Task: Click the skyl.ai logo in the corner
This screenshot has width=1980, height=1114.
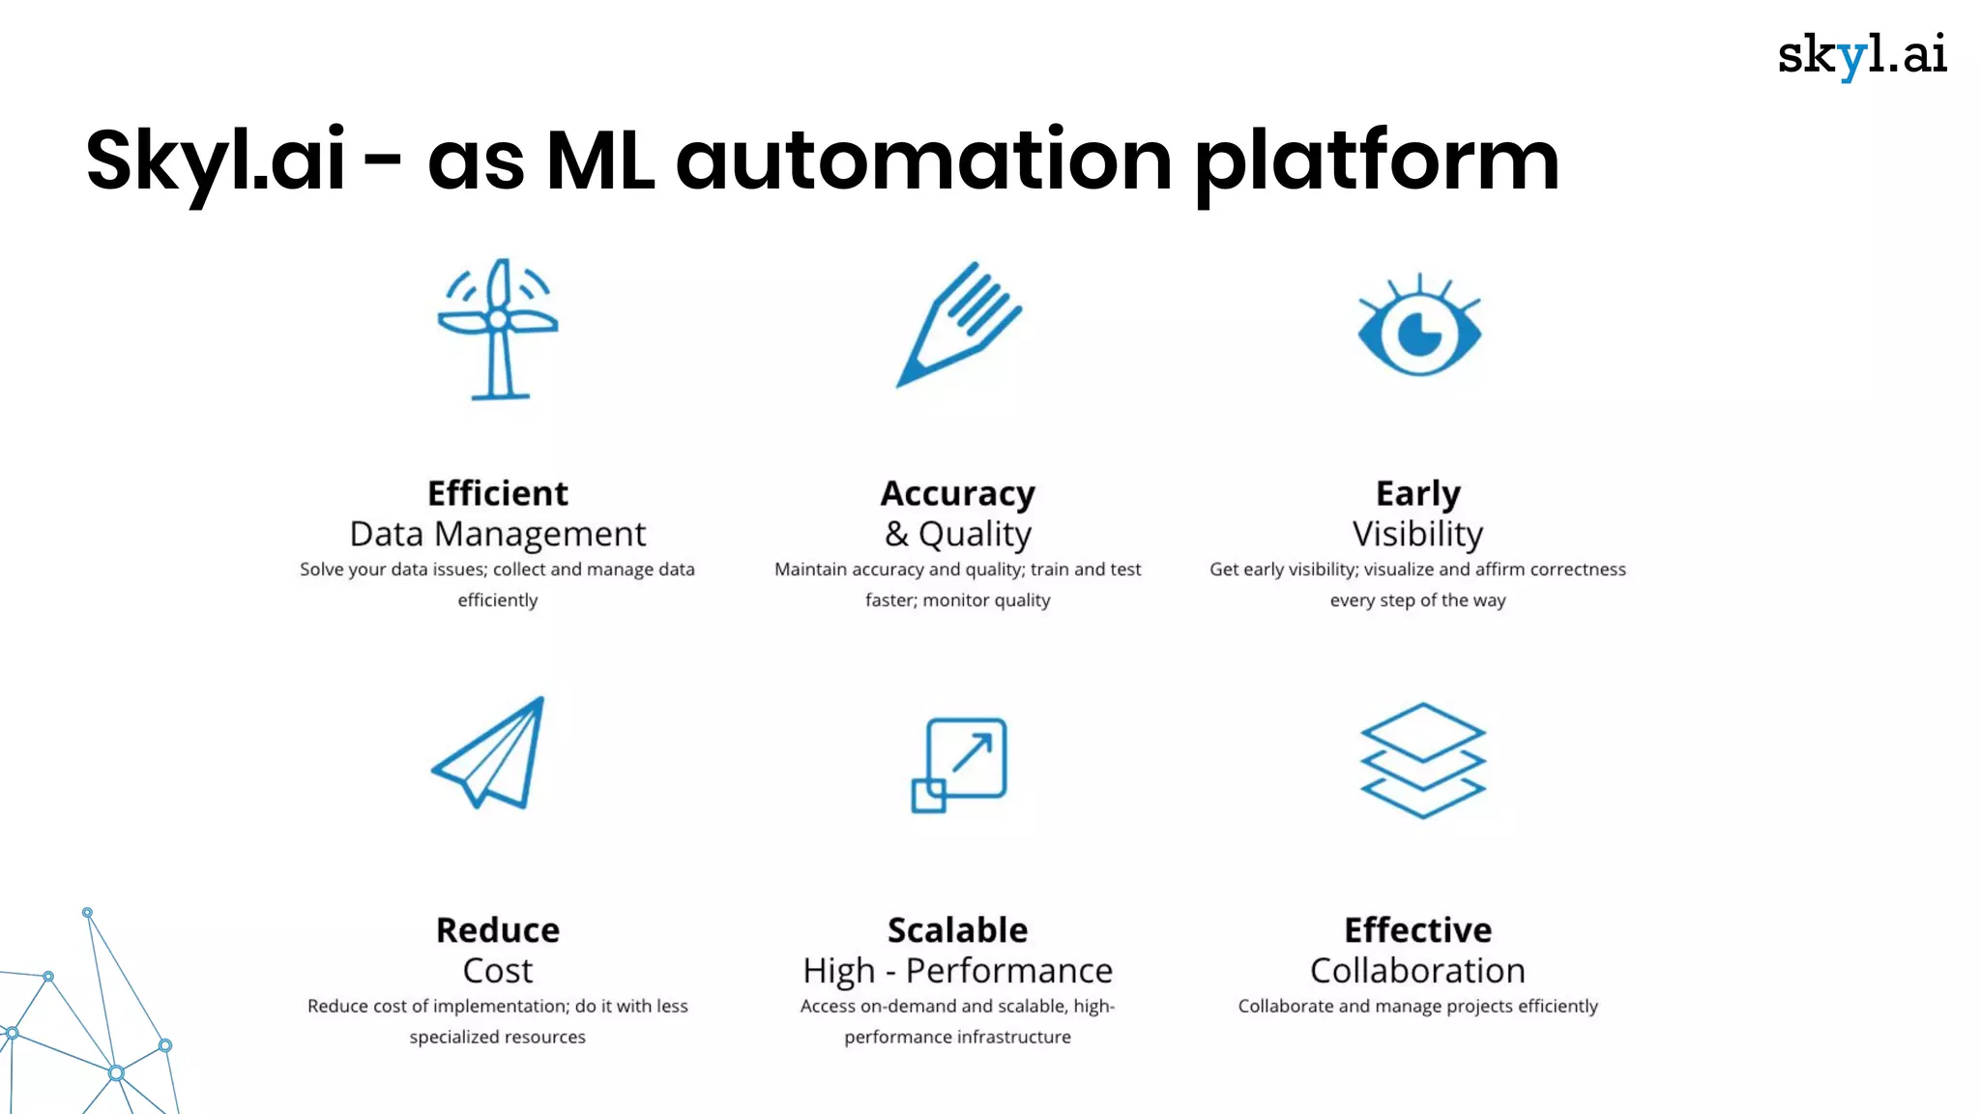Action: pos(1861,55)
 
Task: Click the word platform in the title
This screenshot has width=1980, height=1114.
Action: pos(1377,161)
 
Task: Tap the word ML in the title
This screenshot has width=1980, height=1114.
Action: pos(599,161)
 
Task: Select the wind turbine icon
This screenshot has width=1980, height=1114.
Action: pos(498,329)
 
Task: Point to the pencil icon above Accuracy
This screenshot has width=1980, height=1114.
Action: pos(957,325)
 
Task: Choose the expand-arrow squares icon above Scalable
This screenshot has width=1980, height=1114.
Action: pos(959,764)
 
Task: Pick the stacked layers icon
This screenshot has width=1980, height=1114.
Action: pos(1421,760)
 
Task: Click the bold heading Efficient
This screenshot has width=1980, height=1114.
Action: pos(498,493)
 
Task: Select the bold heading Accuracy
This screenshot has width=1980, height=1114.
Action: pos(957,493)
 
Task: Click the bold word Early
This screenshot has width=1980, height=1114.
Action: pos(1417,493)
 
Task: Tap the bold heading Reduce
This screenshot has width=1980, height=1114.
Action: pos(498,930)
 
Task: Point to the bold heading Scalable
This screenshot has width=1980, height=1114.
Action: pos(957,930)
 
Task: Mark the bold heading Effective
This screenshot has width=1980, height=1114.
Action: pos(1417,930)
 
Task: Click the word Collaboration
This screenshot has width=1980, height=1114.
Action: pos(1417,971)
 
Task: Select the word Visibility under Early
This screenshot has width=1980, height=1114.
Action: pos(1417,534)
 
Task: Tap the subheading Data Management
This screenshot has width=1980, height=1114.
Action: pos(498,534)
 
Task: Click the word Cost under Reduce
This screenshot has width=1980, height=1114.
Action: pos(498,971)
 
